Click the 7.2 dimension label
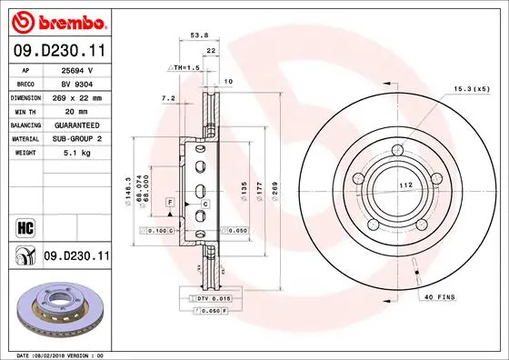(x=166, y=97)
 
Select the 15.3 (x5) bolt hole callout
(x=471, y=89)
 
